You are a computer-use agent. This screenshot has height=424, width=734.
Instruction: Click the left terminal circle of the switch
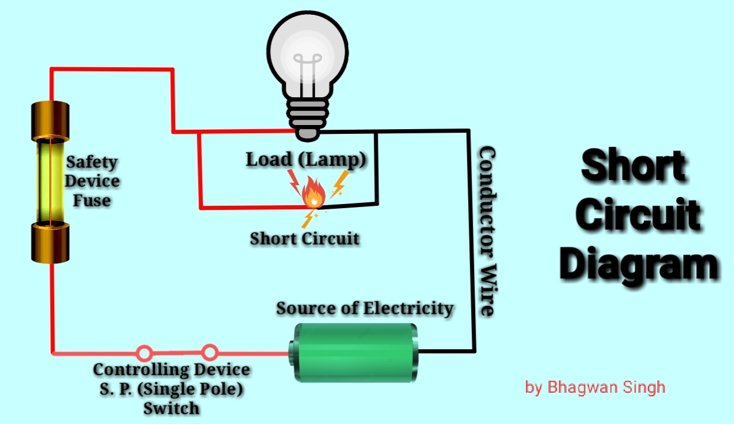(144, 353)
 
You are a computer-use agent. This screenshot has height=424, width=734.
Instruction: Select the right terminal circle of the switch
(209, 352)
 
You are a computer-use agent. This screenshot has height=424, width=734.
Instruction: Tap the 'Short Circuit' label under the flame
(304, 239)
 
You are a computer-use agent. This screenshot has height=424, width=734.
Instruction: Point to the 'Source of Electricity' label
(365, 308)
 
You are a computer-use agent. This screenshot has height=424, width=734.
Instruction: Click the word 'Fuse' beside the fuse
(91, 201)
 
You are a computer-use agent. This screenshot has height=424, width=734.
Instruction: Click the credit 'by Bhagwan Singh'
(595, 387)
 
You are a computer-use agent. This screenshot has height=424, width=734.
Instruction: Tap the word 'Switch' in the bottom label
(172, 407)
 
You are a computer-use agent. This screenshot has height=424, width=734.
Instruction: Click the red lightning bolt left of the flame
(294, 181)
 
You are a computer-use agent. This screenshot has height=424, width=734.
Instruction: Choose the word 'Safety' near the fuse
(91, 162)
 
